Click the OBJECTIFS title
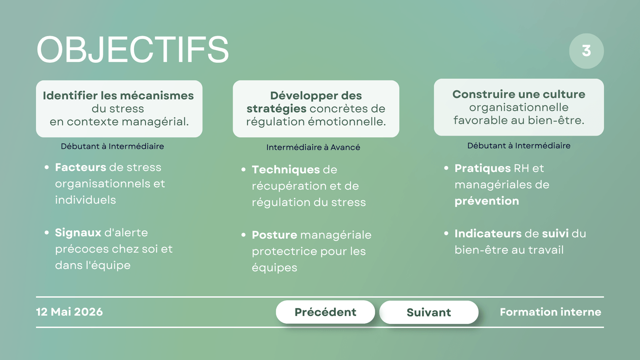[x=133, y=49]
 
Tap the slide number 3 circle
[x=586, y=51]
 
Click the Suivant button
[x=428, y=312]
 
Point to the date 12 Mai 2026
[x=70, y=312]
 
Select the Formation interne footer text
[x=550, y=312]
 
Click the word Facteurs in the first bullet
[x=81, y=167]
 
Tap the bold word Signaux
[x=78, y=232]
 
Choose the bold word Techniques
[x=286, y=170]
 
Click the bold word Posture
[x=275, y=235]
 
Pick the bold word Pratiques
[x=482, y=168]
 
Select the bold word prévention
[x=486, y=201]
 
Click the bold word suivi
[x=555, y=233]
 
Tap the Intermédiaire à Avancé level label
[x=313, y=147]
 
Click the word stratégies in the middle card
[x=276, y=109]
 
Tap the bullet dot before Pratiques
[x=446, y=168]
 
